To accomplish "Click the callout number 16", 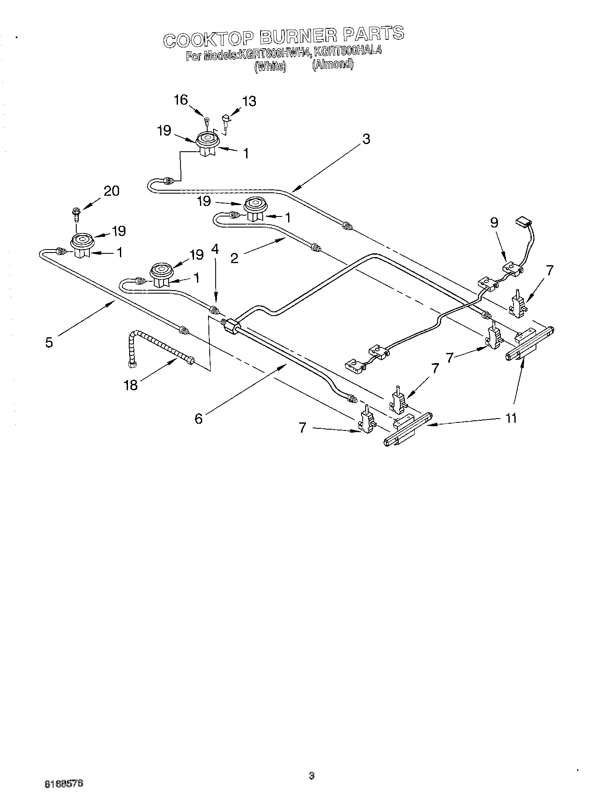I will click(180, 100).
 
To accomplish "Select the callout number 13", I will click(249, 101).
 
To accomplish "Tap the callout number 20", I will click(111, 191).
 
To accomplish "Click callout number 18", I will click(131, 385).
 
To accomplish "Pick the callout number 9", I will click(494, 223).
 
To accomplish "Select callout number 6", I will click(199, 419).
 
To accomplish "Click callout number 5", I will click(49, 342).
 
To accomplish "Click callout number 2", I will click(234, 258).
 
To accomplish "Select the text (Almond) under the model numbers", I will click(333, 64).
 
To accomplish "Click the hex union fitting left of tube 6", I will click(230, 327).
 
